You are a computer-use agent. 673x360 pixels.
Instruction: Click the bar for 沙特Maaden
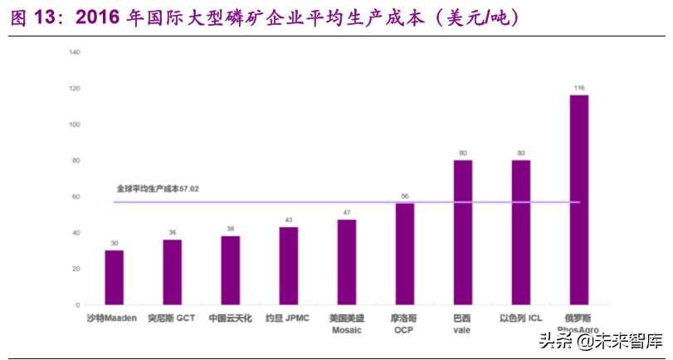tap(115, 277)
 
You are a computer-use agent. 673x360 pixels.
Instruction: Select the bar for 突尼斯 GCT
tap(173, 272)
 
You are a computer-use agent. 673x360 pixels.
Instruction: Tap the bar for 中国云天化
tap(231, 270)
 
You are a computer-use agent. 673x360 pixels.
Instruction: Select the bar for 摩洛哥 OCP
tap(405, 254)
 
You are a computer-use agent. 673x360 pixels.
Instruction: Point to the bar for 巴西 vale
tap(463, 232)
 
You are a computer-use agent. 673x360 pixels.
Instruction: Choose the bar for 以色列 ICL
tap(521, 232)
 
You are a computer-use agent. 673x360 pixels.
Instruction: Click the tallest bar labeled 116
tap(579, 199)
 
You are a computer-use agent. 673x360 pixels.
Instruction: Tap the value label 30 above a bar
tap(115, 243)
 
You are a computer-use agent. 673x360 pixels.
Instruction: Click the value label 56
tap(405, 197)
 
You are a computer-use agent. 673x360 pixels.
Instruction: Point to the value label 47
tap(347, 213)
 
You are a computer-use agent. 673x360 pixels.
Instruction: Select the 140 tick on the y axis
tap(75, 52)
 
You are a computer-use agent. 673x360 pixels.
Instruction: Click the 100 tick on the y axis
tap(75, 124)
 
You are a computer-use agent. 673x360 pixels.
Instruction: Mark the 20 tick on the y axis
tap(76, 269)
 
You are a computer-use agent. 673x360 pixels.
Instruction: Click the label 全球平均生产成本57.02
tap(158, 189)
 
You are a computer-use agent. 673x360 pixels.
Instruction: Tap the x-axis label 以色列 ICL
tap(520, 318)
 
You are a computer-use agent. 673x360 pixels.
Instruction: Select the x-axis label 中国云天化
tap(231, 318)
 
